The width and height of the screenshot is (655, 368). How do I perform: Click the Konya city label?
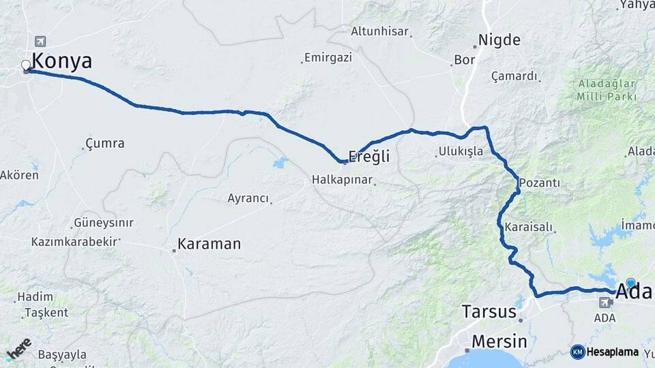(61, 61)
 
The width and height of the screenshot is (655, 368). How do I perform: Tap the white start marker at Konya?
(26, 65)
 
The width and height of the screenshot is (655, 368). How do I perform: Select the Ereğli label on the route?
(369, 157)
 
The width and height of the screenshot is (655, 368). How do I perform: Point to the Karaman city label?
(209, 243)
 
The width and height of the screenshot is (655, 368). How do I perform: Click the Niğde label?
(499, 40)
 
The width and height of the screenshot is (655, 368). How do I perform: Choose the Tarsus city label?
(489, 312)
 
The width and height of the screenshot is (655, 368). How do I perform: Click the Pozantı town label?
(540, 183)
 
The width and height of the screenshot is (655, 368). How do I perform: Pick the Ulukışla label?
(461, 151)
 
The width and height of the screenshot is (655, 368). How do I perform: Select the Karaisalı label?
(528, 226)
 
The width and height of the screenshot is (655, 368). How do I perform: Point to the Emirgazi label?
(328, 57)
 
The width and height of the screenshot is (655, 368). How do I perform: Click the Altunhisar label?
(379, 31)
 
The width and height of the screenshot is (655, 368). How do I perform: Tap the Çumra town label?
(105, 143)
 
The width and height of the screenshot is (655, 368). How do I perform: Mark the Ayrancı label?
(248, 198)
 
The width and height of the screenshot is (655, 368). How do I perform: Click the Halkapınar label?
(342, 180)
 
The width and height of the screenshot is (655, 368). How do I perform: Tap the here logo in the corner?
(18, 348)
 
